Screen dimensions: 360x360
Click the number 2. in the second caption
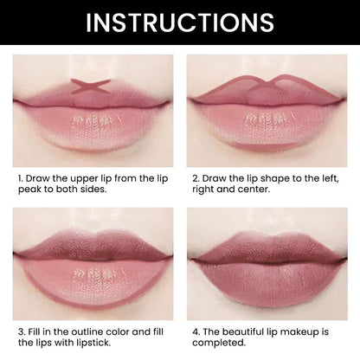(x=195, y=176)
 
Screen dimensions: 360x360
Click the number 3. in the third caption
(x=22, y=330)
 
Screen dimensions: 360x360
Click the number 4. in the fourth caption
(x=195, y=330)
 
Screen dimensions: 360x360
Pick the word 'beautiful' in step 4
(x=245, y=330)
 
